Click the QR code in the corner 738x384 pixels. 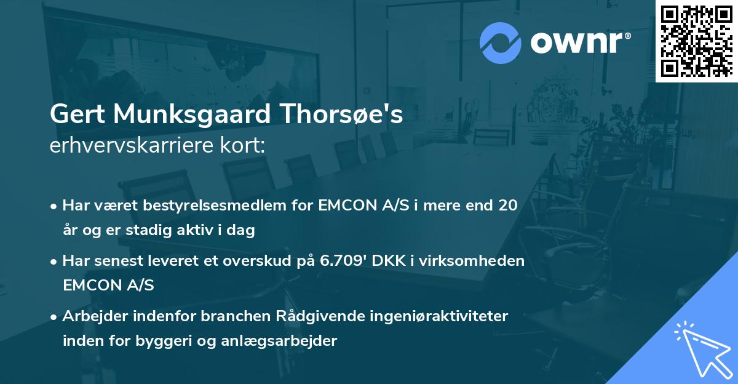(696, 41)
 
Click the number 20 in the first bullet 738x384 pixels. (508, 205)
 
